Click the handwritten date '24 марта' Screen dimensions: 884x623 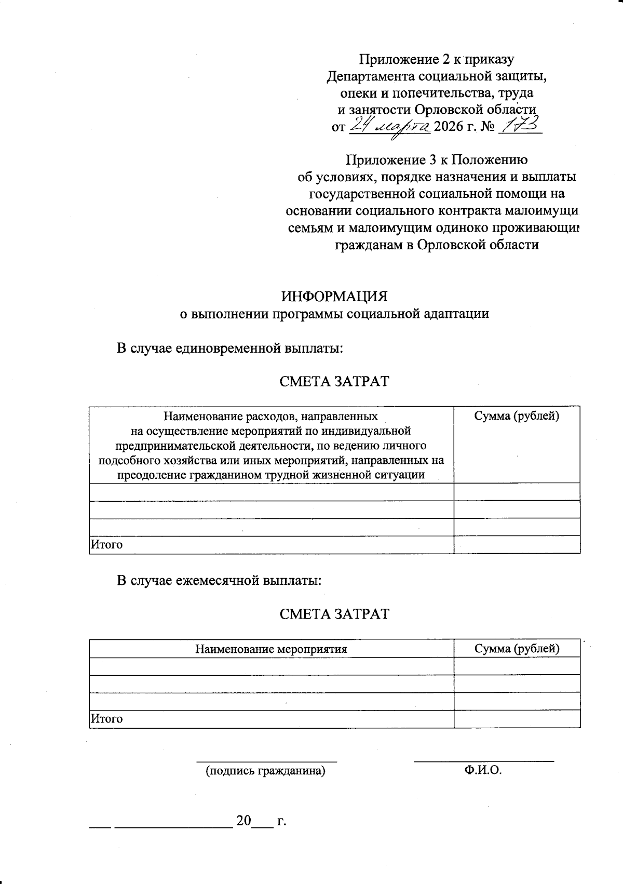click(x=388, y=126)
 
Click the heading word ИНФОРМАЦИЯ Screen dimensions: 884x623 click(x=334, y=297)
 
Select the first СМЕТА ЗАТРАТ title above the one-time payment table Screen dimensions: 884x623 click(x=334, y=381)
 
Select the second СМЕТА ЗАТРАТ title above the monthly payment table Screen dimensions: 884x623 click(x=334, y=614)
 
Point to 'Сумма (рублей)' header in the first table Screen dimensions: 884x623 click(x=517, y=416)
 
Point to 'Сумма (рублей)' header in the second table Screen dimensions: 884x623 click(x=517, y=648)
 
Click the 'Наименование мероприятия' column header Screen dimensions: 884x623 click(x=271, y=649)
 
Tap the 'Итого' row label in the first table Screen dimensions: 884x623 click(x=107, y=545)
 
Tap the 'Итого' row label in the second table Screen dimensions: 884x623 click(x=107, y=719)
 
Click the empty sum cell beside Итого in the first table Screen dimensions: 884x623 click(x=517, y=545)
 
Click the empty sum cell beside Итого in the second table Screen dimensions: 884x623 click(x=517, y=719)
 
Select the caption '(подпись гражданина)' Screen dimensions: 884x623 click(x=266, y=771)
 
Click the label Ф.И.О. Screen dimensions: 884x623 click(x=483, y=770)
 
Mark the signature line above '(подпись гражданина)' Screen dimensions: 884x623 click(x=266, y=761)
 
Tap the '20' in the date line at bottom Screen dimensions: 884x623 click(x=243, y=821)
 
